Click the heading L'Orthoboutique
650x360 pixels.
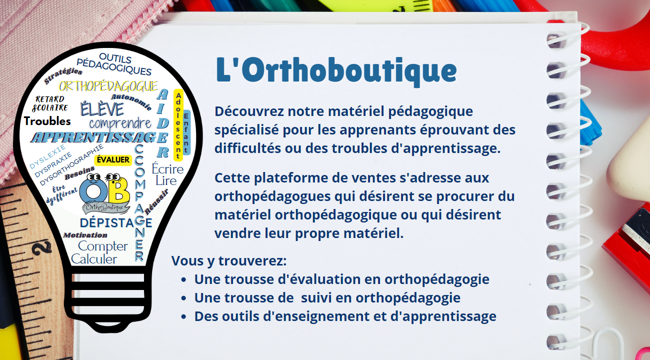pos(336,71)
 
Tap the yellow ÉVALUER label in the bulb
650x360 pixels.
pos(112,160)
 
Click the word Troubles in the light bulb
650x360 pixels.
pos(47,121)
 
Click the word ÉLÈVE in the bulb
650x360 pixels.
pos(102,108)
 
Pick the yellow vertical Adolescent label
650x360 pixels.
pos(178,125)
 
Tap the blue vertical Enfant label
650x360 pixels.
pos(186,132)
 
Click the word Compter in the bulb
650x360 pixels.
pos(103,246)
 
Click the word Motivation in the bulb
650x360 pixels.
pos(85,235)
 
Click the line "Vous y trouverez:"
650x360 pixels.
pos(229,261)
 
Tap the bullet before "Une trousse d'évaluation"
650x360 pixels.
pos(184,280)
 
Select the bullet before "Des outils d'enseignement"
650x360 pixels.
pos(184,317)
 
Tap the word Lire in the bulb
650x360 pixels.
pos(166,180)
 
